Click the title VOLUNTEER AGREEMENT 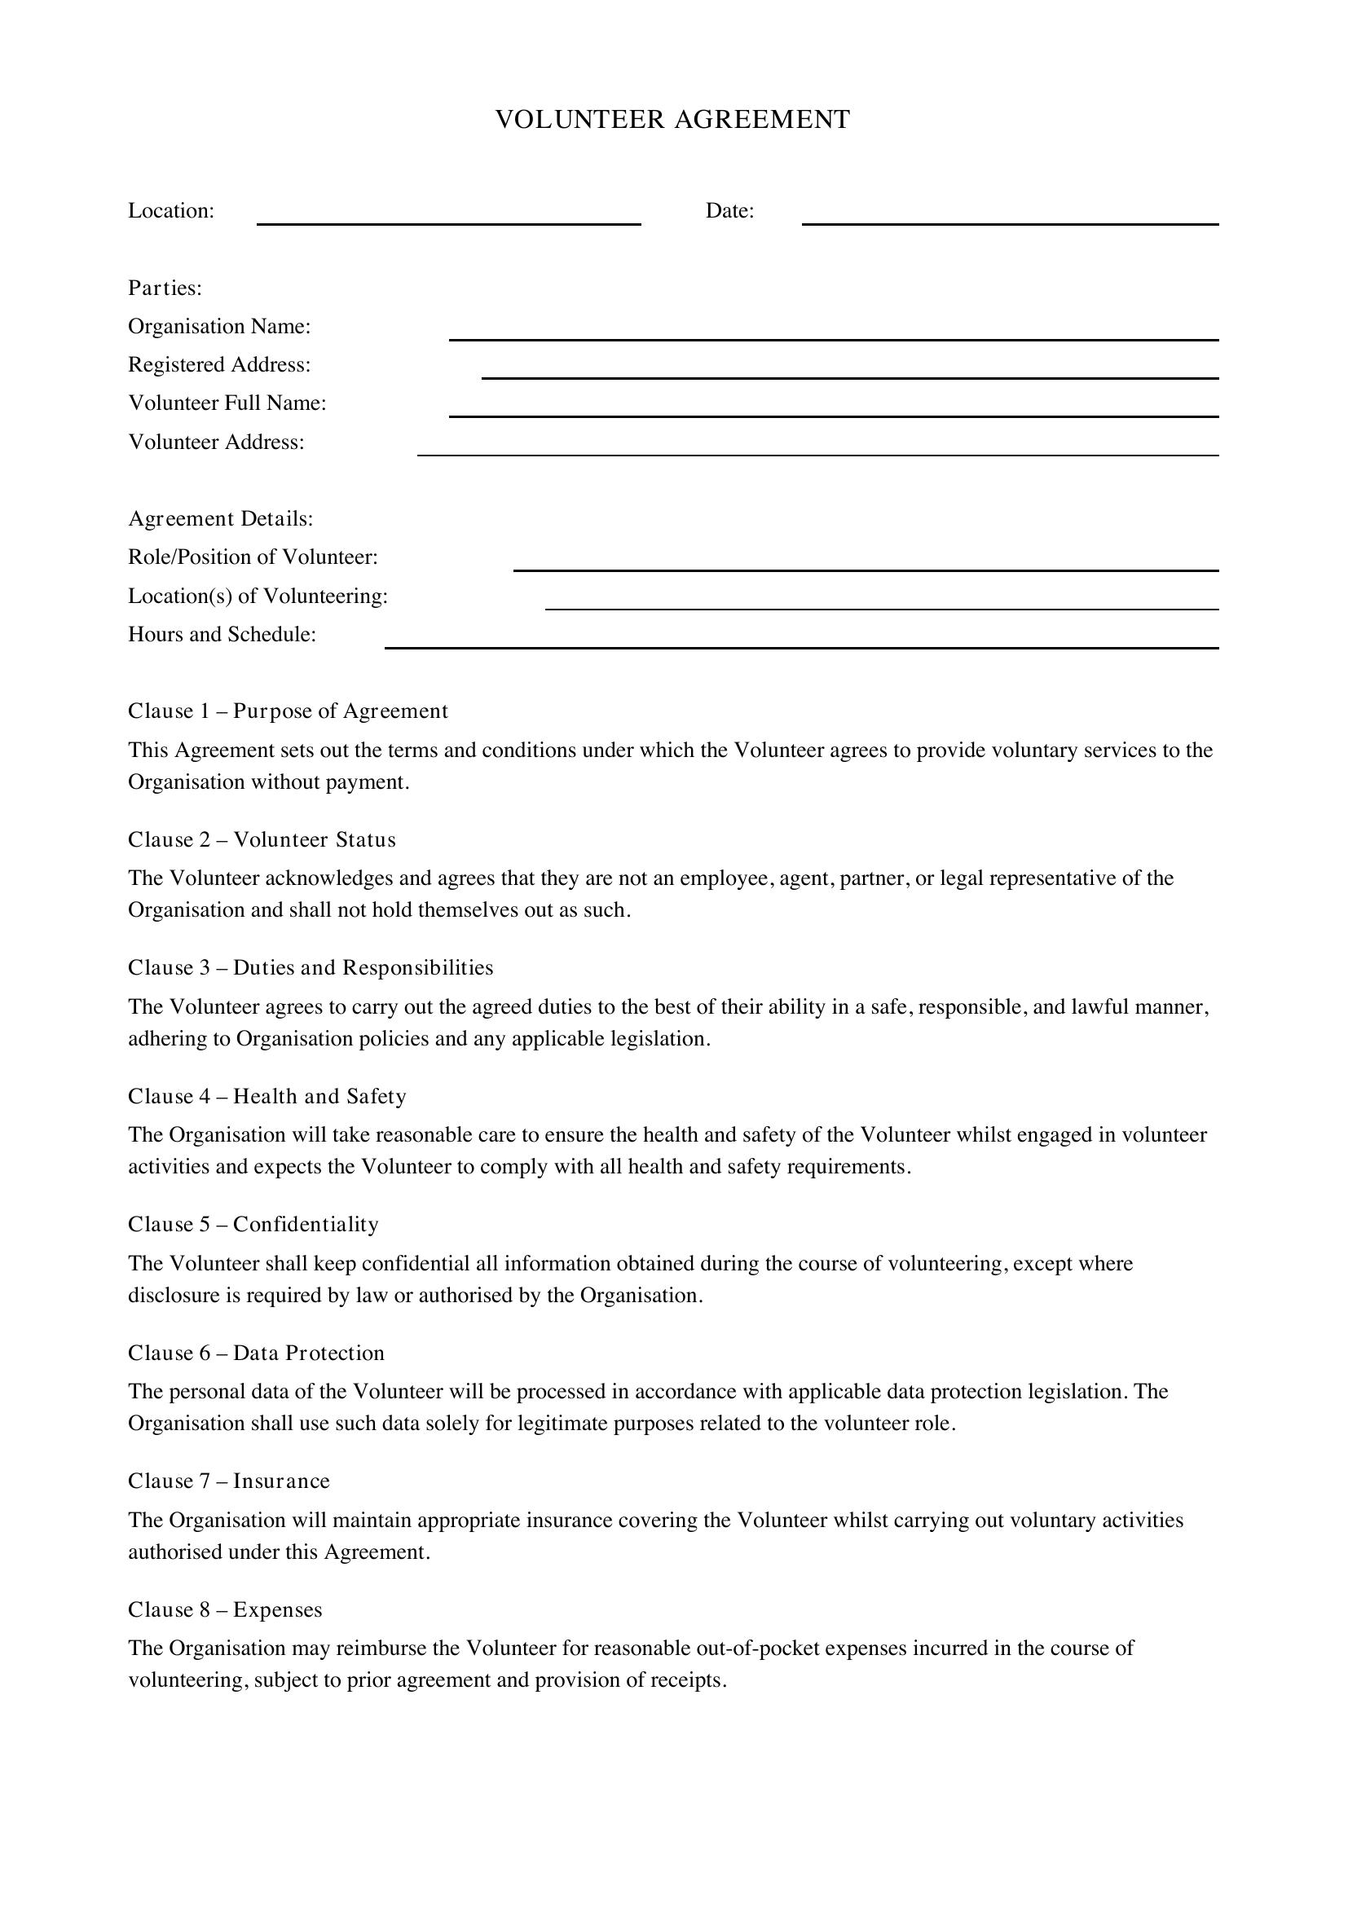point(672,120)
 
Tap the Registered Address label point(219,364)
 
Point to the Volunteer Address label point(216,442)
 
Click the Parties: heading point(165,288)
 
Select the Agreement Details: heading point(221,519)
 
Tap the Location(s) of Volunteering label point(258,596)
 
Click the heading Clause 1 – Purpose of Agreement point(288,711)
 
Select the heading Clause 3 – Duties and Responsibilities point(311,968)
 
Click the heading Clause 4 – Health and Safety point(267,1097)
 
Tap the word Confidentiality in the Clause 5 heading point(306,1225)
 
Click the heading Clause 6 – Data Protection point(257,1354)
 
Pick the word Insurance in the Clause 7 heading point(281,1481)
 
